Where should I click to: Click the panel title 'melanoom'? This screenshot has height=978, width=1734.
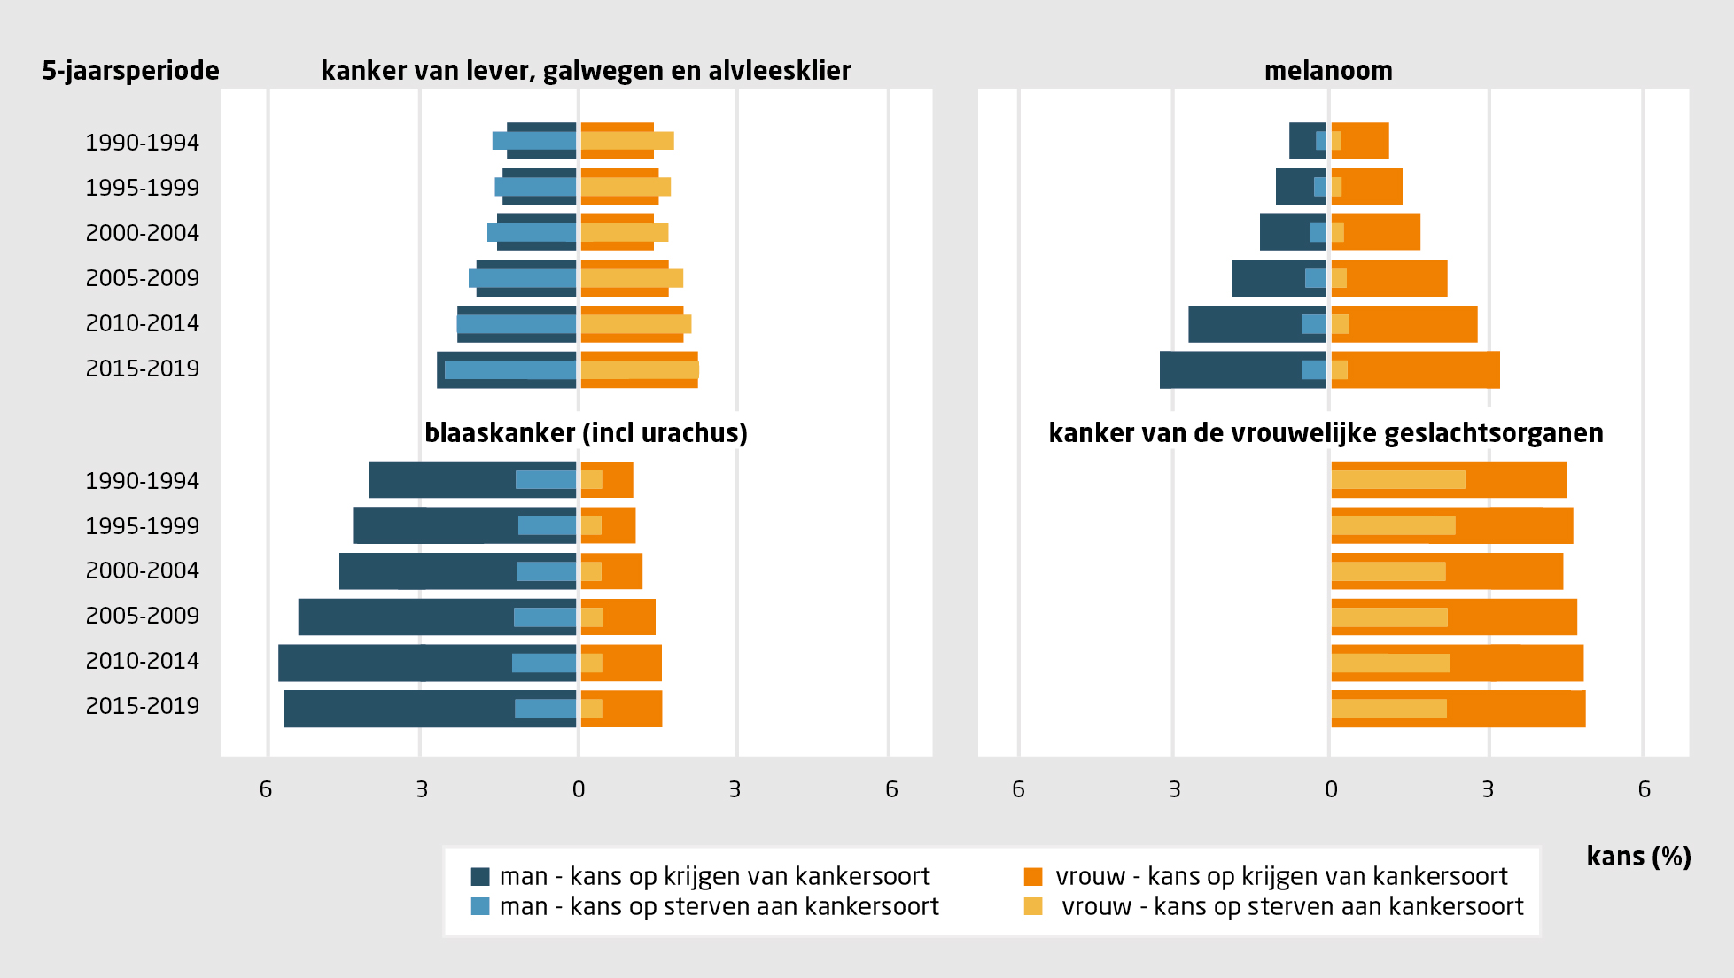(1327, 71)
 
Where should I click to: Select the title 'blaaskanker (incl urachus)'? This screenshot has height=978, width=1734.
(586, 433)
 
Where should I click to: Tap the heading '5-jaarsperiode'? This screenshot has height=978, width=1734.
(130, 71)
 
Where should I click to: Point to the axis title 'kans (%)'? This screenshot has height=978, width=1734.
(1638, 857)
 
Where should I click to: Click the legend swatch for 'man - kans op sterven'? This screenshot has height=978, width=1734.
(480, 906)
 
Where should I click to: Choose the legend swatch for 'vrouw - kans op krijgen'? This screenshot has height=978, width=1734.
(1033, 876)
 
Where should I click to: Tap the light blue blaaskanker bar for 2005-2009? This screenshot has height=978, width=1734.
(545, 617)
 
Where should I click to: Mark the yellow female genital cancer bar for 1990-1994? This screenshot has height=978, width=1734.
(1397, 480)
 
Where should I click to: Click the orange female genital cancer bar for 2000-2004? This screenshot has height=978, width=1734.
(1506, 571)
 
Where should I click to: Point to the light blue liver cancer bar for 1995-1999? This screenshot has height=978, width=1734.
(535, 187)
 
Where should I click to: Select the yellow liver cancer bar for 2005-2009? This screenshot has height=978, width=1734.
(631, 278)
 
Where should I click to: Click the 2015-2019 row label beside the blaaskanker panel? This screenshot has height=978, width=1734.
(143, 706)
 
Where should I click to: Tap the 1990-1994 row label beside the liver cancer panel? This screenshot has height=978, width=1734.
(143, 143)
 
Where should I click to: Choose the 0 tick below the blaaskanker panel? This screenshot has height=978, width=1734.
(579, 789)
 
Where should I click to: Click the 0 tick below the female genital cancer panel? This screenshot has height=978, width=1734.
(1331, 789)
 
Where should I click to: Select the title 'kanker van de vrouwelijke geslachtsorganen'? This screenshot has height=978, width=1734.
(1326, 433)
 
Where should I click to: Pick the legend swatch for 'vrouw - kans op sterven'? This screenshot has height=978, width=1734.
(1033, 906)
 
